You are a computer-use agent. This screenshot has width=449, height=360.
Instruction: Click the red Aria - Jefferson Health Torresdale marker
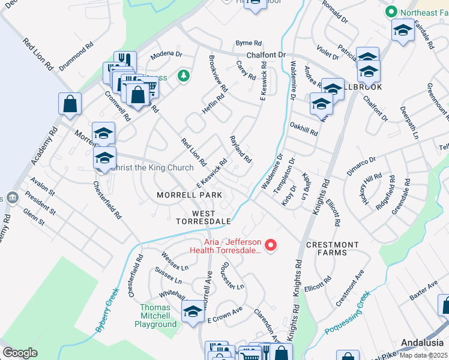pos(270,245)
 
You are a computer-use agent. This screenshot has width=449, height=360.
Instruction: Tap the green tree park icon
pos(183,76)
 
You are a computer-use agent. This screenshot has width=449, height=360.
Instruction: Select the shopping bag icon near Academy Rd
pos(70,103)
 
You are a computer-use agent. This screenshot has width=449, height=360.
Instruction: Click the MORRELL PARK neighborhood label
pos(189,195)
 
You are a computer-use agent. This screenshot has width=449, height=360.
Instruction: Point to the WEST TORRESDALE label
pos(203,217)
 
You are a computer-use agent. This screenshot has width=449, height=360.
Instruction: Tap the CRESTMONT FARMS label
pos(332,248)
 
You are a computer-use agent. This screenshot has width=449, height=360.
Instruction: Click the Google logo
pos(20,353)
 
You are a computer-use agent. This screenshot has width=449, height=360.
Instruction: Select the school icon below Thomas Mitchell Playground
pos(193,312)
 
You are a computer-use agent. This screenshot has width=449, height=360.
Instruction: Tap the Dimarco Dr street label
pos(361,166)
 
